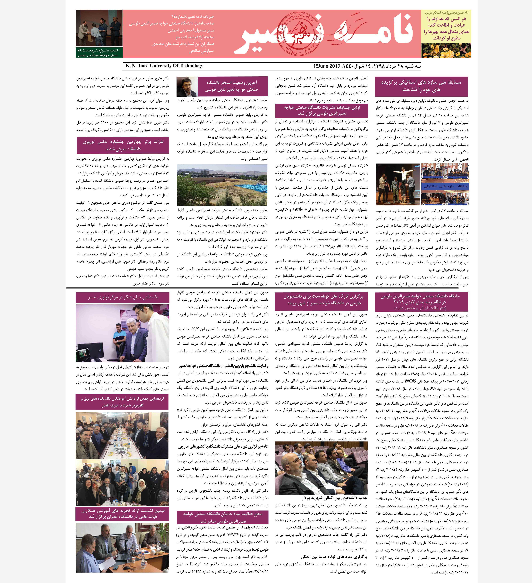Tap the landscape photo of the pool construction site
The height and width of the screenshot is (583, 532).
tap(222, 185)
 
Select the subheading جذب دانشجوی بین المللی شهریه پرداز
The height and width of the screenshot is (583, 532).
tap(334, 498)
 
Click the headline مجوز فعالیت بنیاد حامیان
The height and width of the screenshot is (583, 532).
tap(222, 517)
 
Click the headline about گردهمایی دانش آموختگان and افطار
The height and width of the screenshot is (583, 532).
tap(122, 402)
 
